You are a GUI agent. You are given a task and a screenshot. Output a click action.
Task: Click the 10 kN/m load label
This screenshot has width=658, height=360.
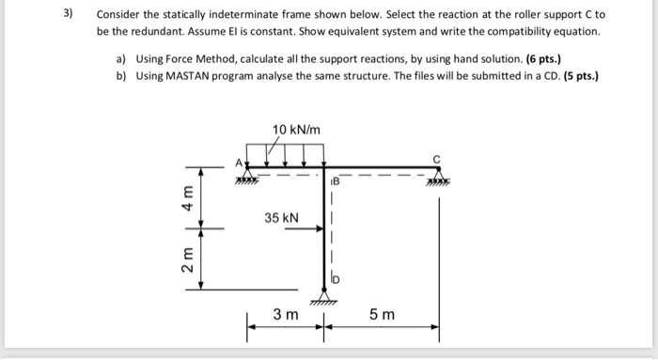(296, 129)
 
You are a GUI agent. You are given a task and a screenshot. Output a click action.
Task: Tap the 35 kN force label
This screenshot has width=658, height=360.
(282, 218)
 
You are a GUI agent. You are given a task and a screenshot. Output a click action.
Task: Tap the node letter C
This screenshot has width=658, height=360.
(436, 157)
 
